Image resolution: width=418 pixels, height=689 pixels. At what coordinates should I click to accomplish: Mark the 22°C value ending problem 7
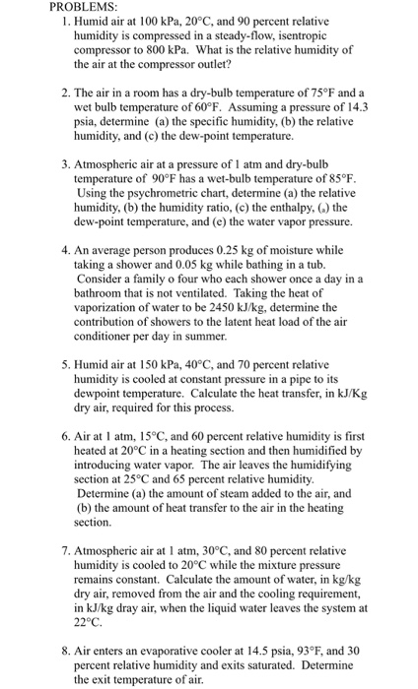[x=89, y=623]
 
